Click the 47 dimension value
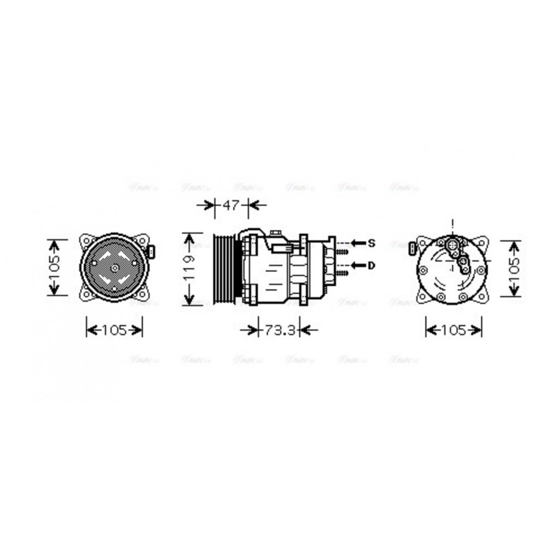231,206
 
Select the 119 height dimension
189,268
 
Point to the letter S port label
371,242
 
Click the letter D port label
371,265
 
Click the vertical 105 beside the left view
54,267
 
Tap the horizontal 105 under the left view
114,330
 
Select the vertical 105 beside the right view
513,268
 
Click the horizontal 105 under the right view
453,330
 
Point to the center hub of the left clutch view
114,268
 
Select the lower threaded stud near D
342,272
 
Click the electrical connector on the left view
152,252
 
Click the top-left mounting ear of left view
86,240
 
